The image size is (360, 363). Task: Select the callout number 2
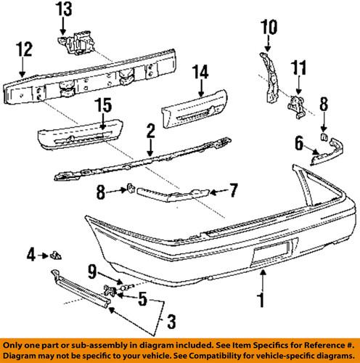click(x=150, y=132)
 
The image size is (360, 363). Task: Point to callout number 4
click(x=31, y=254)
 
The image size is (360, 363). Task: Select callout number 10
click(x=269, y=29)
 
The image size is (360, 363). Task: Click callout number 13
click(x=64, y=9)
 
